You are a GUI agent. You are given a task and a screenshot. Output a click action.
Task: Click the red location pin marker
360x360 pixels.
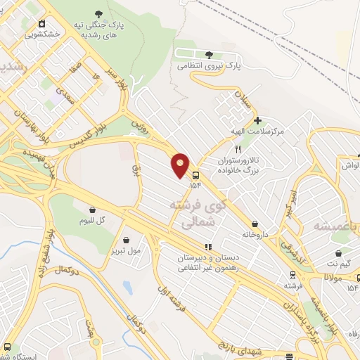click(181, 165)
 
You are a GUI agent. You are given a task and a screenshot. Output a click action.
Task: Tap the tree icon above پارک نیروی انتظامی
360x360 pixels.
click(208, 54)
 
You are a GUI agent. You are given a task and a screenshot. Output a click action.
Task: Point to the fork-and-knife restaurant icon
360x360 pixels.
click(238, 149)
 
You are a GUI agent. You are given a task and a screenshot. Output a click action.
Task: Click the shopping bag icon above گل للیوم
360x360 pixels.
click(93, 209)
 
